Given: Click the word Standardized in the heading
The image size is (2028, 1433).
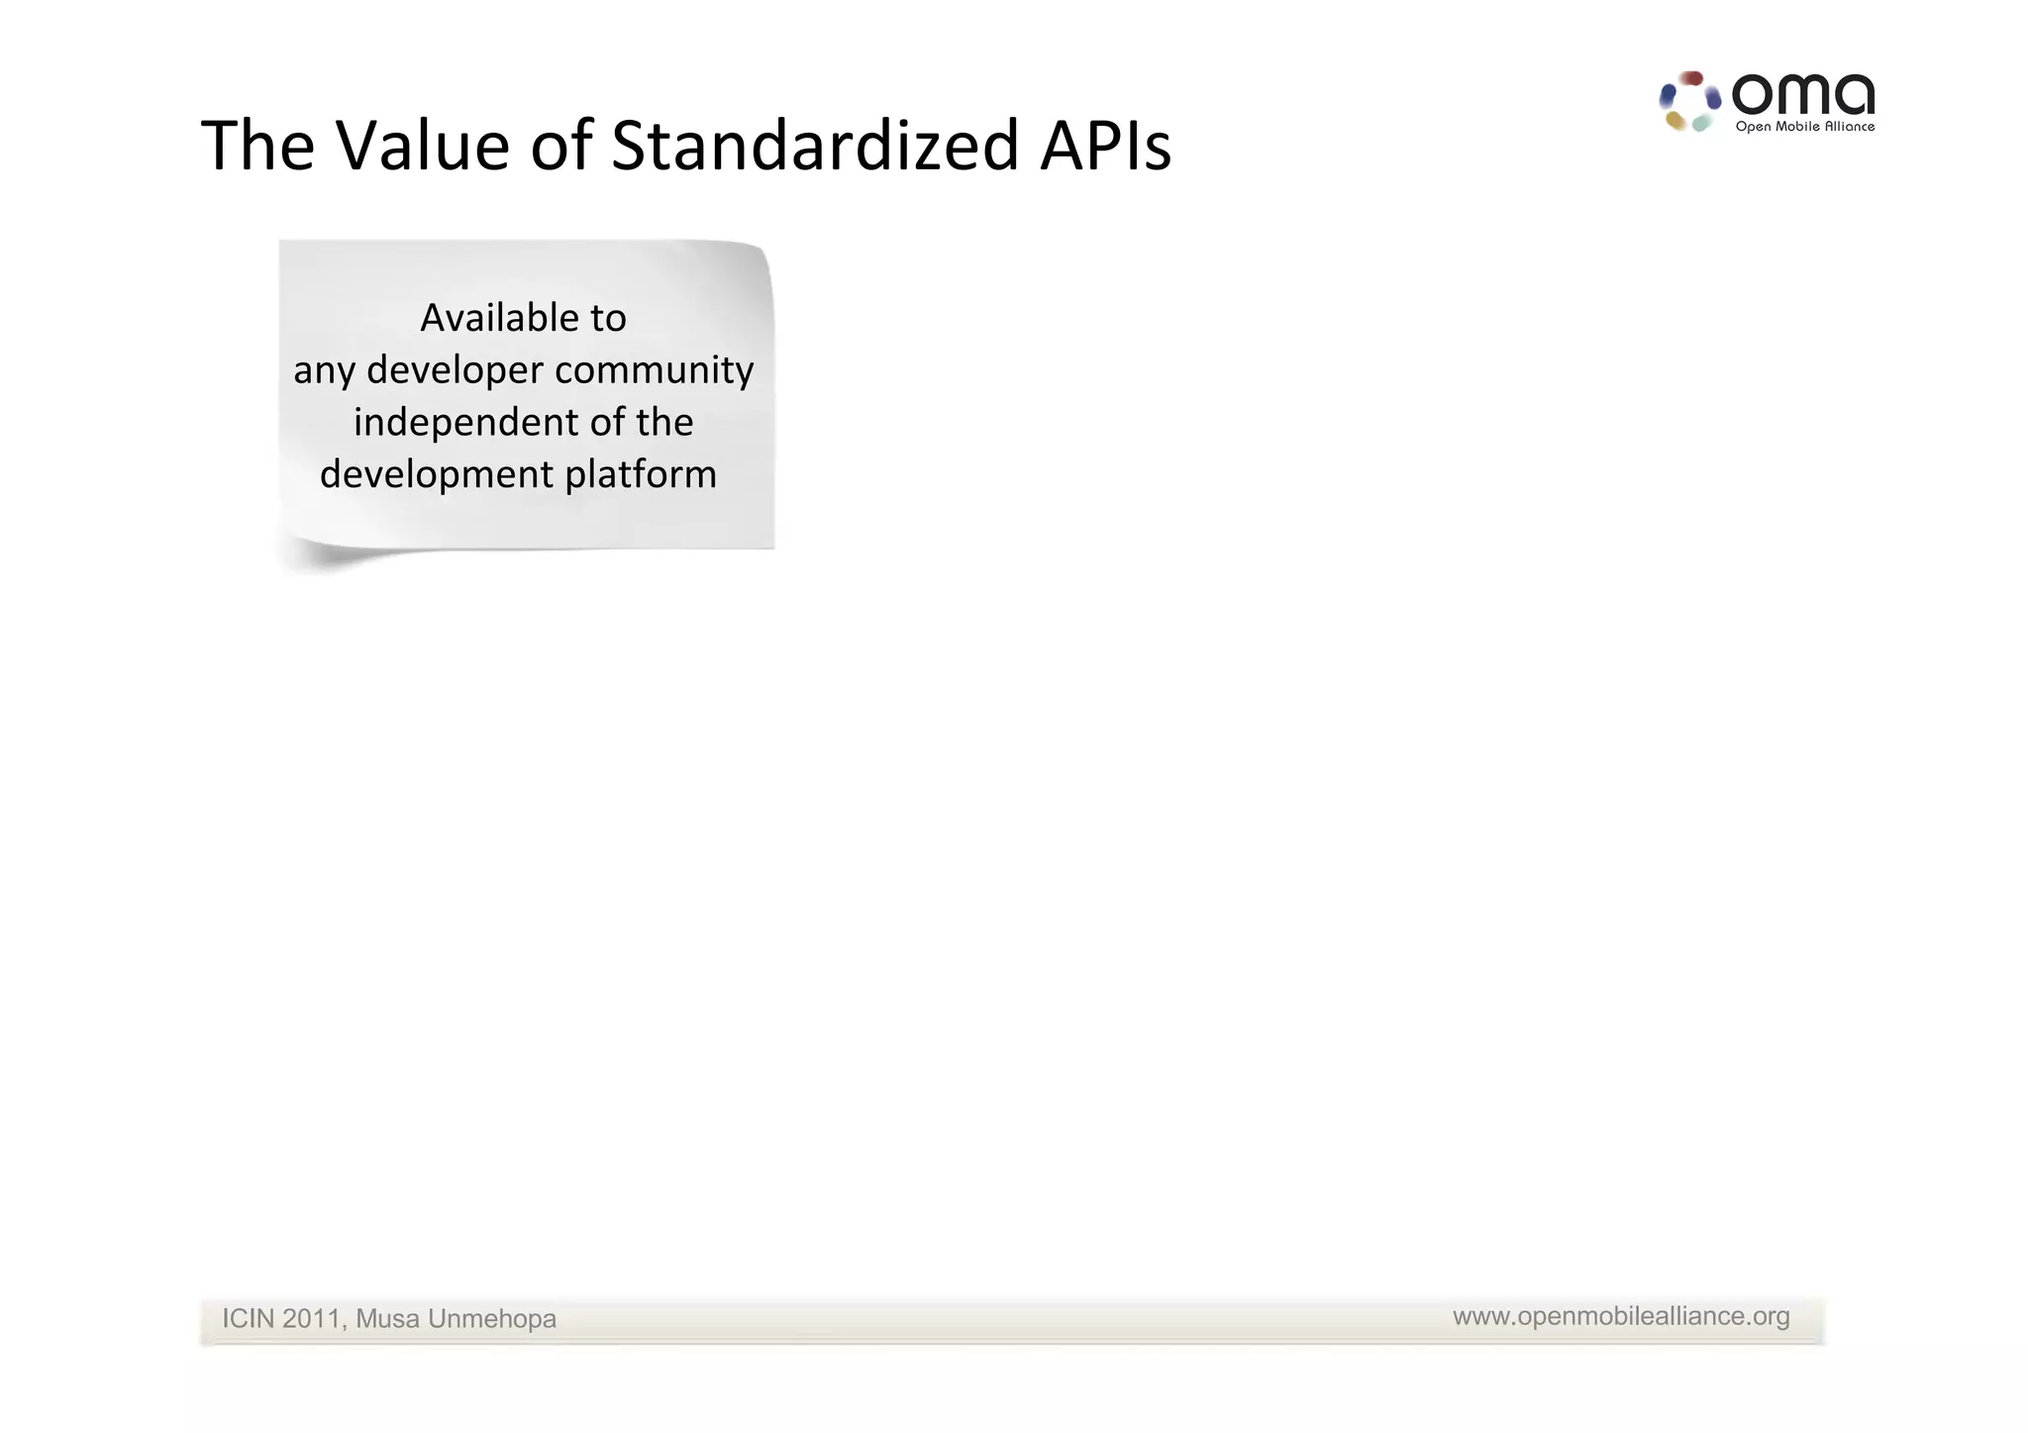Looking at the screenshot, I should (815, 147).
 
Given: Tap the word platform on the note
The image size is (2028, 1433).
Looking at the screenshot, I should (641, 474).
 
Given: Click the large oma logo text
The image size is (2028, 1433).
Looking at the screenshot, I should (1802, 96).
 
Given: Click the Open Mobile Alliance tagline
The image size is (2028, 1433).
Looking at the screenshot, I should (1804, 127).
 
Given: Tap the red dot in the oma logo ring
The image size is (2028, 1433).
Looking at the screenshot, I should (1692, 78).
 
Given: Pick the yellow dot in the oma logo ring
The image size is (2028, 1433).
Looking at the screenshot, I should (1675, 121).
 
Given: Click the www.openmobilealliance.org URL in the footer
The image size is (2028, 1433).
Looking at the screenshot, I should (1621, 1316).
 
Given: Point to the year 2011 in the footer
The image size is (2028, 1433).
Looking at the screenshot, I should (311, 1319).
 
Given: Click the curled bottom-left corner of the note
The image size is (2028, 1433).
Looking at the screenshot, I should (307, 557).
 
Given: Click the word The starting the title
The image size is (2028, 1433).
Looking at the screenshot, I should (257, 147).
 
